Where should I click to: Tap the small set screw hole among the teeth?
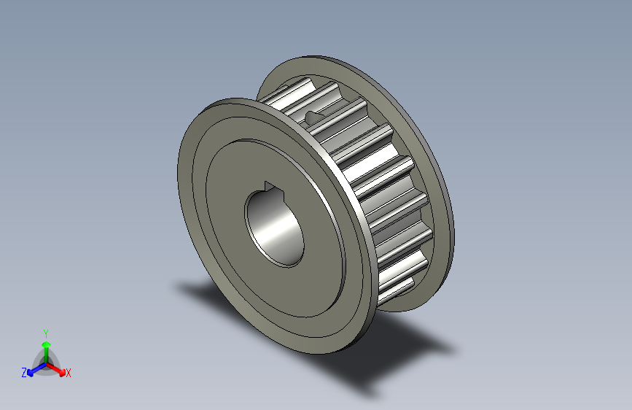pyautogui.click(x=313, y=115)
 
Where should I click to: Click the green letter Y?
pyautogui.click(x=45, y=332)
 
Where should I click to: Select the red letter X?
pyautogui.click(x=69, y=374)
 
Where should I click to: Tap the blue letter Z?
pyautogui.click(x=24, y=372)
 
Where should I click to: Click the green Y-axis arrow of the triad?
pyautogui.click(x=45, y=346)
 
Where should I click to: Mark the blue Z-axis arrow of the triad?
pyautogui.click(x=34, y=368)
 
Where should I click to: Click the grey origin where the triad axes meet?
pyautogui.click(x=46, y=361)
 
